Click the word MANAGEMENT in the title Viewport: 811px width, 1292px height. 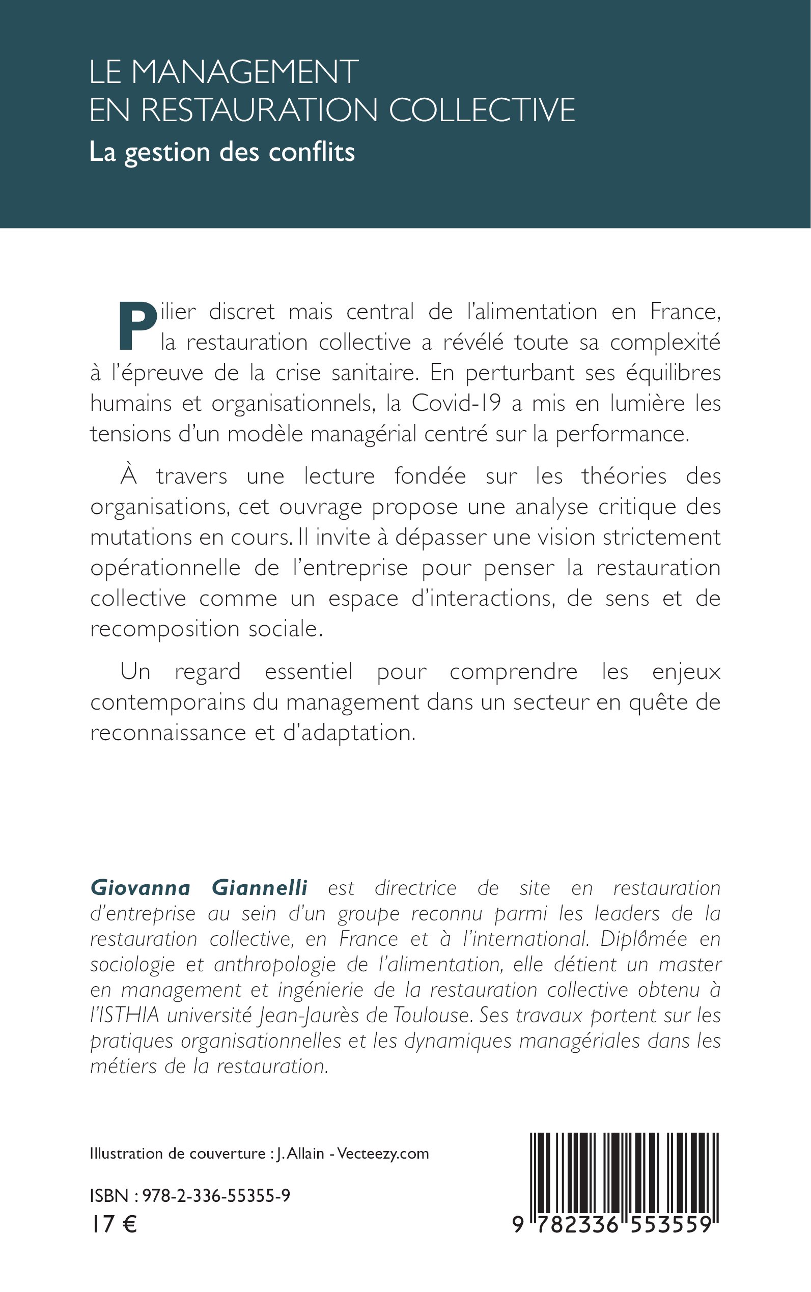tap(244, 72)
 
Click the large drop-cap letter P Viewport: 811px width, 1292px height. tap(136, 325)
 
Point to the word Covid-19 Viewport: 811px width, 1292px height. tap(456, 403)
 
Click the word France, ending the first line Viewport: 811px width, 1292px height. tap(685, 312)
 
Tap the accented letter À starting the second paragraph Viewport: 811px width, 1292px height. tap(129, 475)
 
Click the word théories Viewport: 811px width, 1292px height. tap(624, 475)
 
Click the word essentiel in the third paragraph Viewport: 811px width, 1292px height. tap(309, 671)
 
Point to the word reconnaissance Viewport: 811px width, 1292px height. tap(167, 733)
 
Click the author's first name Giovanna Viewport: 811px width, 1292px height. tap(141, 888)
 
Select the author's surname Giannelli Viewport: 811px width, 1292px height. tap(260, 888)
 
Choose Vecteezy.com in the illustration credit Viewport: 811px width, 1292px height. tap(383, 1154)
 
